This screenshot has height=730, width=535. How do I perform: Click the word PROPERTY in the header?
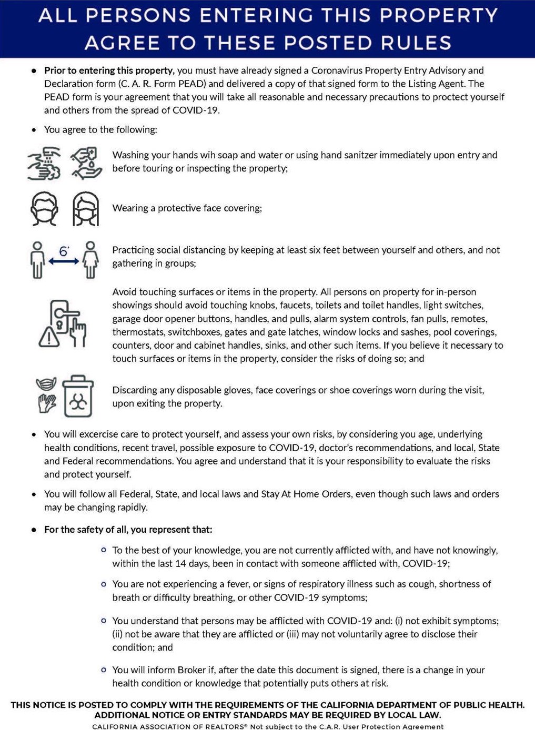[439, 16]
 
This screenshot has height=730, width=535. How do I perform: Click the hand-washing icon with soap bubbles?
[44, 163]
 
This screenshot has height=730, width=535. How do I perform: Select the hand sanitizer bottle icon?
[87, 163]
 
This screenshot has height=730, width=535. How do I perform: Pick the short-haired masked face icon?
[44, 209]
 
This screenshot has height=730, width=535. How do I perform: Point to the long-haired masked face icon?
[86, 209]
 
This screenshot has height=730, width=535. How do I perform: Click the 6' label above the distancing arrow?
[64, 251]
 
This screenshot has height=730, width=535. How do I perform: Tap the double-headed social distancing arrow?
[64, 261]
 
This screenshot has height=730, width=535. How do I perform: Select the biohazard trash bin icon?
[78, 397]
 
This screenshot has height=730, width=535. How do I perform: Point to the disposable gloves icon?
[47, 403]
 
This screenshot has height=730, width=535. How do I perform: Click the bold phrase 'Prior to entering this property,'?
[109, 70]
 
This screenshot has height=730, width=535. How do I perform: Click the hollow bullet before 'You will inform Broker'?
[104, 670]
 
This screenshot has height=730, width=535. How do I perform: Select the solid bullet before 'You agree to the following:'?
[34, 130]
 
